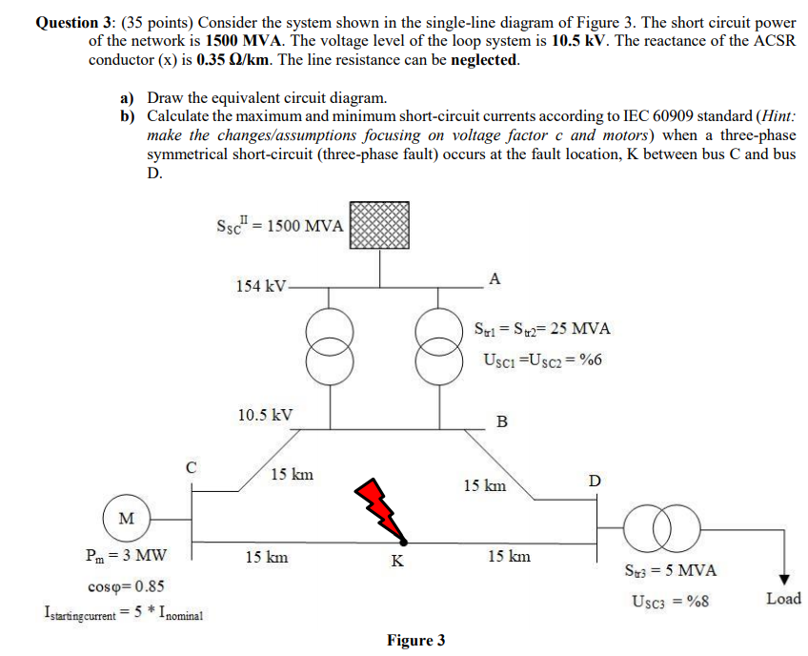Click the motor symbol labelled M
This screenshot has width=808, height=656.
point(126,518)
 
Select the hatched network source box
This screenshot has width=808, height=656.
point(378,226)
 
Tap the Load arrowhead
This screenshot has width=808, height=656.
point(783,579)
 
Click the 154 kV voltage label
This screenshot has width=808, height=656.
point(260,286)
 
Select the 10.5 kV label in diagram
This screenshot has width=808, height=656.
point(265,415)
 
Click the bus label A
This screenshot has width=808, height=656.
point(493,278)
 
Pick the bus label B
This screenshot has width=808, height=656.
point(502,421)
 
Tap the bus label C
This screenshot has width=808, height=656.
point(192,468)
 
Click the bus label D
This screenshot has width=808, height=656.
point(595,480)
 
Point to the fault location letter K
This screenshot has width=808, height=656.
point(397,561)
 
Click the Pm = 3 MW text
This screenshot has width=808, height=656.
point(126,556)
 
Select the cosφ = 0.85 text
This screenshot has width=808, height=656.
point(124,585)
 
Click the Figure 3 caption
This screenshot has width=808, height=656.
point(415,640)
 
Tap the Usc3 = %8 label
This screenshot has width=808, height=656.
point(670,602)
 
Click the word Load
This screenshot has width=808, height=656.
point(783,599)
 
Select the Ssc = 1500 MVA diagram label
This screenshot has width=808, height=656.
point(280,226)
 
